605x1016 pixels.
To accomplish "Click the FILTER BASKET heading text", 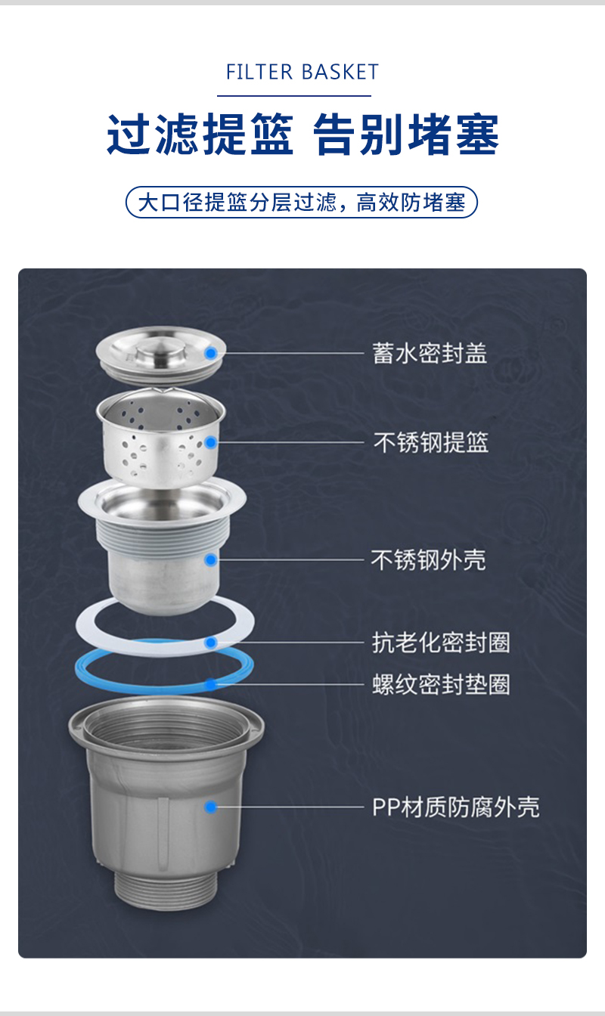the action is (x=302, y=72).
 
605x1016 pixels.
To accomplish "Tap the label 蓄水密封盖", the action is (x=430, y=353).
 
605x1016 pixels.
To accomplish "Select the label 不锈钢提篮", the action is (x=431, y=443).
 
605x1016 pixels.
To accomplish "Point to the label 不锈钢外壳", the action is (x=429, y=560).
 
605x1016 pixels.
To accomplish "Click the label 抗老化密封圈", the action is (x=441, y=643).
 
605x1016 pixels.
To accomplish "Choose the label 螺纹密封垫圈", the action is (x=441, y=684).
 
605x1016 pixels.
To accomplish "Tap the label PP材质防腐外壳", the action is (x=456, y=807).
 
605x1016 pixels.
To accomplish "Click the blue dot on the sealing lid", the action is (x=210, y=353).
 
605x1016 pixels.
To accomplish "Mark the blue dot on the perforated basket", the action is (x=210, y=442).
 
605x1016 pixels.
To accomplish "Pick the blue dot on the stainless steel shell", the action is (x=210, y=560).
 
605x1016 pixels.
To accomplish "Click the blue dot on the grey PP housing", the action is (x=210, y=807).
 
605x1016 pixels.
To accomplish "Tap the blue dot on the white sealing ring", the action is (x=210, y=643).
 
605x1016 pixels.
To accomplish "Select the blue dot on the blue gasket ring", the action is (x=210, y=684).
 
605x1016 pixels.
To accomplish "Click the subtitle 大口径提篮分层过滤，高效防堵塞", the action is (x=302, y=203).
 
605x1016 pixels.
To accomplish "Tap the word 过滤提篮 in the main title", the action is (x=200, y=135).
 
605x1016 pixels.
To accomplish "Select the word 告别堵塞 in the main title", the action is (x=406, y=135).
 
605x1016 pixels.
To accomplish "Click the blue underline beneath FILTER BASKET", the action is (x=294, y=96).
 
